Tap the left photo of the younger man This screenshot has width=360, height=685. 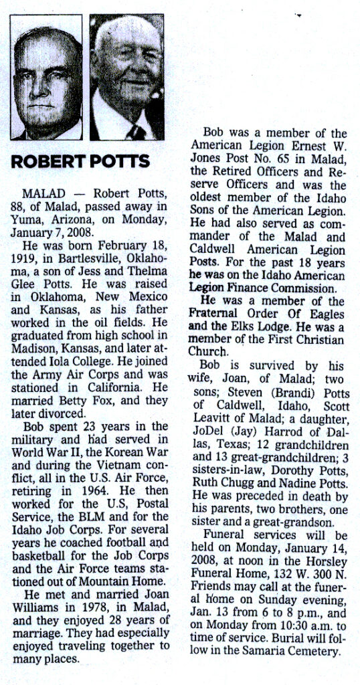[46, 79]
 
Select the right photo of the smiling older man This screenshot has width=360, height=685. [128, 79]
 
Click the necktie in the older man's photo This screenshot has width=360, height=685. [138, 132]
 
